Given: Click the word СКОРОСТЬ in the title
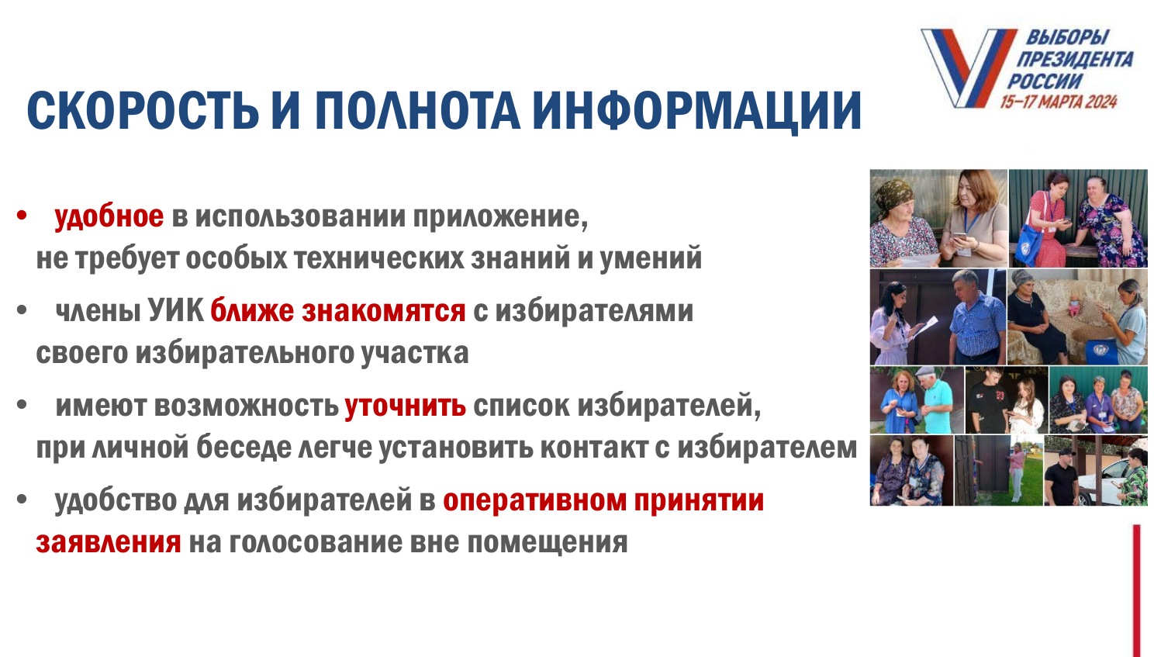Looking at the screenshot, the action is [143, 110].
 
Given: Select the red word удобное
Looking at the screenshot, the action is [109, 216].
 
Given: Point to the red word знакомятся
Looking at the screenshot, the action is [384, 311].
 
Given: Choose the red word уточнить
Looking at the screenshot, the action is [406, 406].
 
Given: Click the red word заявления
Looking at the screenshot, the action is [109, 543].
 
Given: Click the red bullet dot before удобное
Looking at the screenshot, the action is [21, 215].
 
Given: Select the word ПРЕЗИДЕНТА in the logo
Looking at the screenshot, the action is [1074, 60].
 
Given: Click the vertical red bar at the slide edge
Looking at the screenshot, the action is [1136, 590].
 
